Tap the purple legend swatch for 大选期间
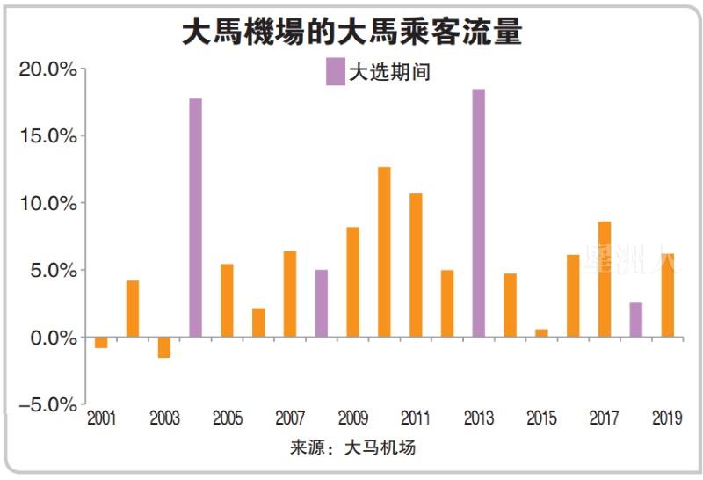point(335,71)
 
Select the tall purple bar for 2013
point(479,214)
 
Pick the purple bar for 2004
point(195,218)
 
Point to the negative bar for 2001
point(101,343)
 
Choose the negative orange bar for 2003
point(163,347)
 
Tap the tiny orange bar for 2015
point(541,333)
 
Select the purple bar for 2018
point(636,320)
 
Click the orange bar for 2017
point(605,280)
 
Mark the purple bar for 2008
point(322,303)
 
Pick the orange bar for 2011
point(416,265)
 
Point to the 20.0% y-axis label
point(48,69)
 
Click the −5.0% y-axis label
point(46,404)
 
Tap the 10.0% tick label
point(48,203)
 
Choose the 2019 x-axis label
point(668,419)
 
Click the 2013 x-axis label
point(479,419)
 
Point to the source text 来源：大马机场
point(352,448)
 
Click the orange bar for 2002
point(133,309)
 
